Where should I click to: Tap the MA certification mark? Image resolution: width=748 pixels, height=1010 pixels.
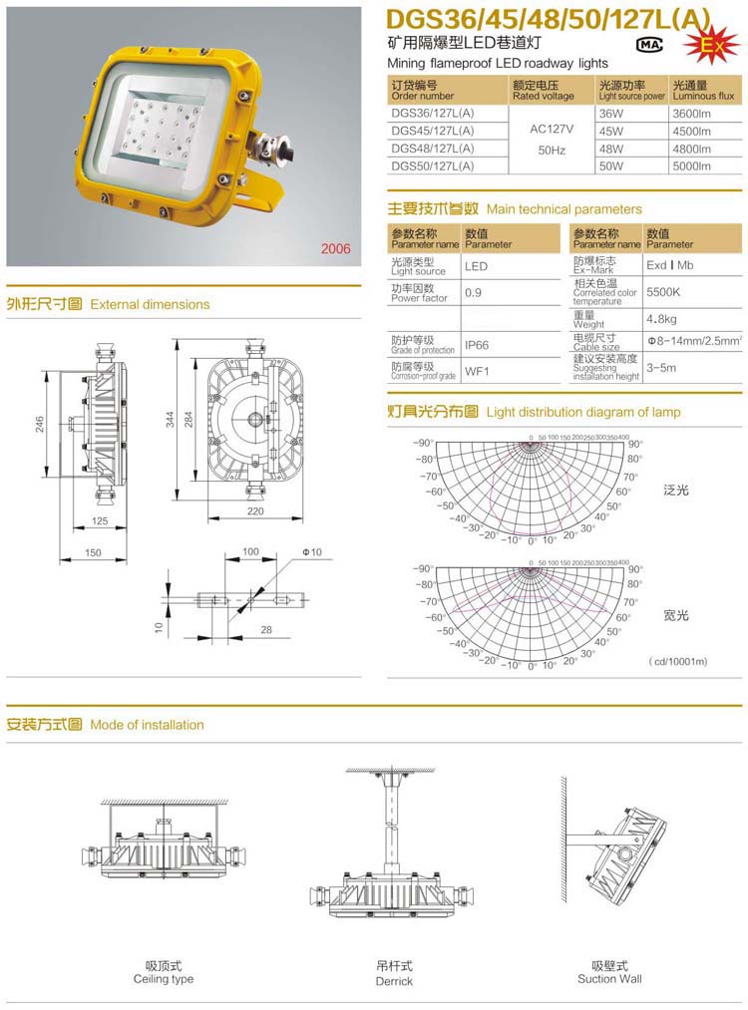(649, 44)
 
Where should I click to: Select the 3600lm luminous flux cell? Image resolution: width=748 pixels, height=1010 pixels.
(691, 115)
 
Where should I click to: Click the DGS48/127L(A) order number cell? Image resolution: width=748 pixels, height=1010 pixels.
(433, 149)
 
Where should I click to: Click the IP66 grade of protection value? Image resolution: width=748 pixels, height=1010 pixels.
(476, 345)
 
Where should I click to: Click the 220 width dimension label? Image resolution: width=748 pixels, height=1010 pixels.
(254, 511)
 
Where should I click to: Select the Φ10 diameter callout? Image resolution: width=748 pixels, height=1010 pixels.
(313, 551)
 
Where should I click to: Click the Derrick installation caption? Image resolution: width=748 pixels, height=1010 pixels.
(394, 981)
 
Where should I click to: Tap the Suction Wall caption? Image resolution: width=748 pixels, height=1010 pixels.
(609, 979)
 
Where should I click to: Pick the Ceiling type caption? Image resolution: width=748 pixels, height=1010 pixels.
(164, 979)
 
